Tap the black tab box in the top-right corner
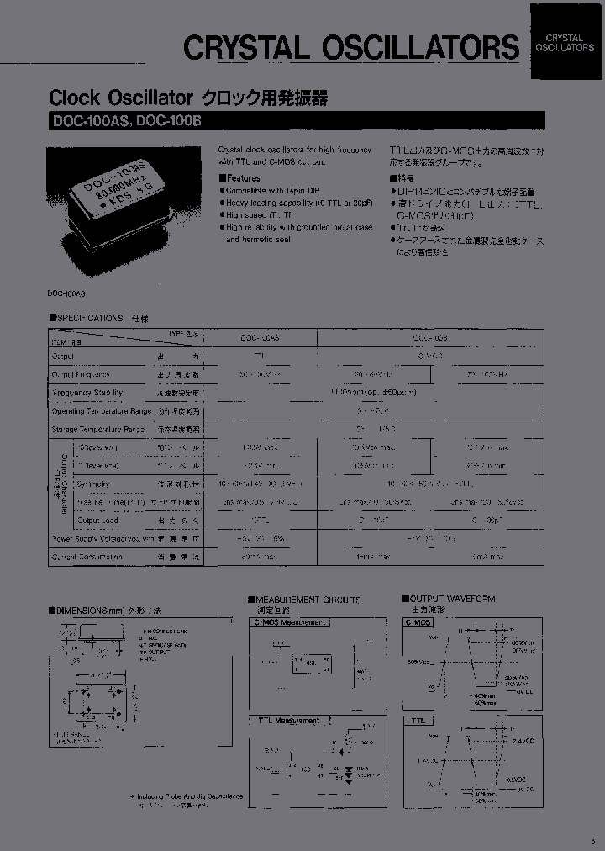(565, 42)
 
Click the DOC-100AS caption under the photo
(66, 292)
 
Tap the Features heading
(241, 178)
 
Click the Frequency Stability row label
(87, 393)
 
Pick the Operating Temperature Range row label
(102, 411)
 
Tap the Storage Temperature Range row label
(98, 430)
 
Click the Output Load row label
(103, 521)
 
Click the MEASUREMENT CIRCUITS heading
(308, 600)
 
